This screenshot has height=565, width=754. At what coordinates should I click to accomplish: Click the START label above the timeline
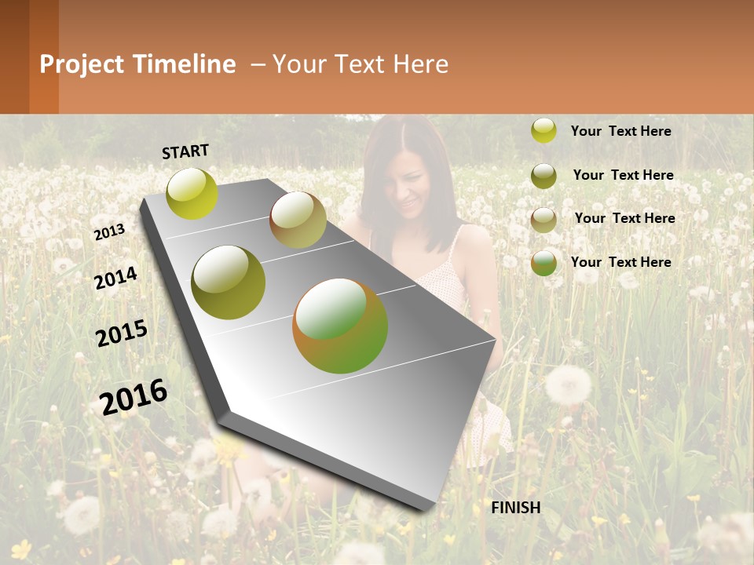point(185,151)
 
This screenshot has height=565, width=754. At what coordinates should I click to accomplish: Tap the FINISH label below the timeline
point(516,508)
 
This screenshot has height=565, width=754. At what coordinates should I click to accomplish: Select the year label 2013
point(109,232)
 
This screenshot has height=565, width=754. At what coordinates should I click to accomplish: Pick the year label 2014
point(116,279)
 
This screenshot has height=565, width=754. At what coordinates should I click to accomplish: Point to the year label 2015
point(122,334)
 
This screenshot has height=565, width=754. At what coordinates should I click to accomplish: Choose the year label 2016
point(134,396)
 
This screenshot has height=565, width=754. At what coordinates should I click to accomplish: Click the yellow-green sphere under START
point(192,193)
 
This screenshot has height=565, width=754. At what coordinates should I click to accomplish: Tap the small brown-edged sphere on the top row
point(298,220)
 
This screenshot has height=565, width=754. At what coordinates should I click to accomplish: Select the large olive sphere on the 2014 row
point(229,282)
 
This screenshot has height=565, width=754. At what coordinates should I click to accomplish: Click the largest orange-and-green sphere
point(340,326)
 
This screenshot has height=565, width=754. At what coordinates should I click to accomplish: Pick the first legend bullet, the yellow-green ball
point(544,130)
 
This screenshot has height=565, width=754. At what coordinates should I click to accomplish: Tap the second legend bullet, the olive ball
point(544,176)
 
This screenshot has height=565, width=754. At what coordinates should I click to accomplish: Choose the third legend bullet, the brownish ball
point(544,220)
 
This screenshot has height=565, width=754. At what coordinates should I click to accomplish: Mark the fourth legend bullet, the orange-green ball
point(544,263)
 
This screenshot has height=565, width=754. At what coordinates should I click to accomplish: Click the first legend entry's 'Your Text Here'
point(620,131)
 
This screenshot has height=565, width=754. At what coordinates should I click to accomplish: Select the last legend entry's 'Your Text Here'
point(620,262)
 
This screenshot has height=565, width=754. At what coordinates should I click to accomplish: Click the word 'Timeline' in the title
point(184,64)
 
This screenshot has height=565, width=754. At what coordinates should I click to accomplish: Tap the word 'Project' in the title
point(82,64)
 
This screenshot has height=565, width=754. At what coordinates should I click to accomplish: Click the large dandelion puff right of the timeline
point(568,385)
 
